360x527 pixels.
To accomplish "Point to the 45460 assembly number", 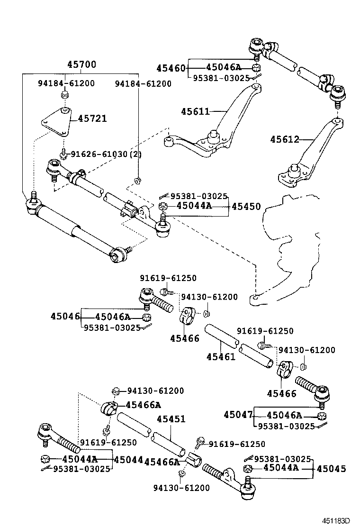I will [x=171, y=68].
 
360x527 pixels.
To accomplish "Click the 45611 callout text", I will [x=195, y=111].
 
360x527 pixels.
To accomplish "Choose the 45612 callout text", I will [x=285, y=139].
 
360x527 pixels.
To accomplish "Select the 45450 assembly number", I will [x=245, y=207].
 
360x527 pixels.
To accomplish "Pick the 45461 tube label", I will [x=220, y=356].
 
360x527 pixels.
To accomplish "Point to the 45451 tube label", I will [x=171, y=419].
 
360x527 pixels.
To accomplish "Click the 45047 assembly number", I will [x=238, y=415].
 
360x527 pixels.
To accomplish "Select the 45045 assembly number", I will [x=331, y=469].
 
